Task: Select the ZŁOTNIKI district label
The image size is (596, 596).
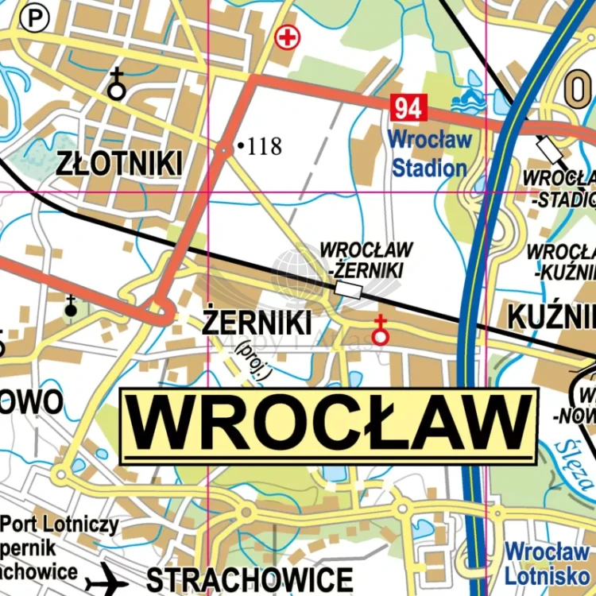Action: [119, 163]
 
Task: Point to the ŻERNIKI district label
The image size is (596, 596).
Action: [257, 323]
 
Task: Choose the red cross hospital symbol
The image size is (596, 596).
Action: [287, 37]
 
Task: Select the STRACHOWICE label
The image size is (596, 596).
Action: [250, 579]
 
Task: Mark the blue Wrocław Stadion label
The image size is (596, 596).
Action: [430, 153]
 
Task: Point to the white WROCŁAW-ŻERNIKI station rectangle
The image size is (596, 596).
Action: [350, 290]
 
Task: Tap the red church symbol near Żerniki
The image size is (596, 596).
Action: [381, 331]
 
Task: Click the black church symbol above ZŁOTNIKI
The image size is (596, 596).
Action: [117, 84]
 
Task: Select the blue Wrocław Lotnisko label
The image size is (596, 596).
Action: [548, 561]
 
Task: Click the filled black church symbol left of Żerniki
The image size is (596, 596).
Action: [71, 306]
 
